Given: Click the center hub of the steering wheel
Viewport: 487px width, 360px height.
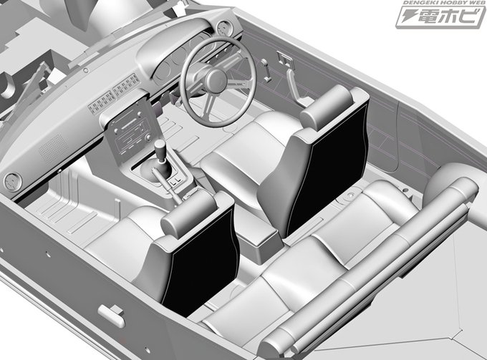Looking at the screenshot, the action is click(x=215, y=81).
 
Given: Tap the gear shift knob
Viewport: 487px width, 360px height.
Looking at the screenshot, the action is click(x=160, y=150).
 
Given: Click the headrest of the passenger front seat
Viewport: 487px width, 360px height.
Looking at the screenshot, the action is click(x=189, y=214).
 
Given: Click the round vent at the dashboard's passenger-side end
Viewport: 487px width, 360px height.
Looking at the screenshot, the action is click(x=13, y=183).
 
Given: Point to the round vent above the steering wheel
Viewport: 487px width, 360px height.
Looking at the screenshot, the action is click(x=223, y=28).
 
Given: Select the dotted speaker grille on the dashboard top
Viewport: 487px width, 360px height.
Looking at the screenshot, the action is click(x=54, y=148).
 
